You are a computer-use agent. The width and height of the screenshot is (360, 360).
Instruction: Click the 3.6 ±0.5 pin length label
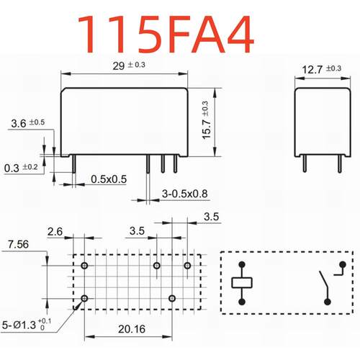point(27,123)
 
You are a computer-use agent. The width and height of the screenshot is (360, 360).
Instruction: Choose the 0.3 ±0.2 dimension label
point(20,168)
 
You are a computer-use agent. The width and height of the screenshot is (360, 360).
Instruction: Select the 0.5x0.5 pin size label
point(109,179)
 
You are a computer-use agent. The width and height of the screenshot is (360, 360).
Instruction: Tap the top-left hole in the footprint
point(86,266)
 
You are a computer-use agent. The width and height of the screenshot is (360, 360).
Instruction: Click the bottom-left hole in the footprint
point(86,297)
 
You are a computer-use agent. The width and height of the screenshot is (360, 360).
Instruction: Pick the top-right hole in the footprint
point(187,266)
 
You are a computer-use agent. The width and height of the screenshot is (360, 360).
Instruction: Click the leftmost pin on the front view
point(76,164)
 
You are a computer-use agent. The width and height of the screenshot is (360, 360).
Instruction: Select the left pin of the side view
point(304,163)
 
